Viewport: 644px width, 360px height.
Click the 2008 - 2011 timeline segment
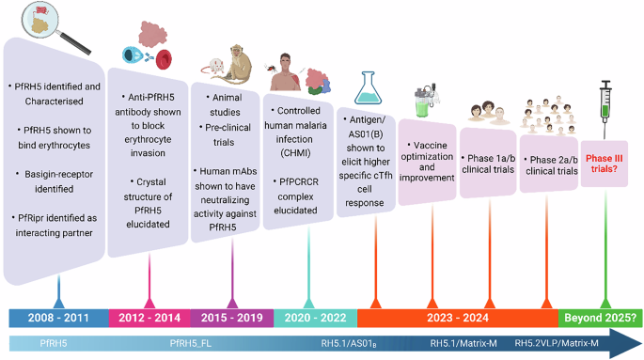tap(58, 317)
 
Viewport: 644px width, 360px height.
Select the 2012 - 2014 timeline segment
tap(149, 317)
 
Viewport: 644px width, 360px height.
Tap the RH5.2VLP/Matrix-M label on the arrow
tap(557, 343)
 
